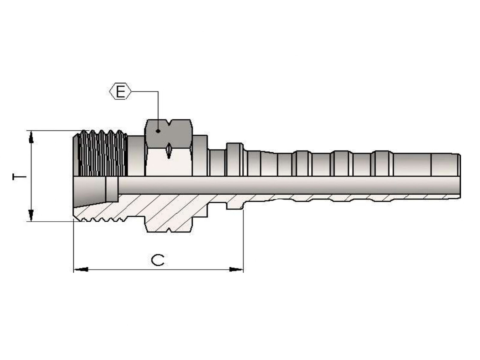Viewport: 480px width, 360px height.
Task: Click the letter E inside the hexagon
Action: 120,91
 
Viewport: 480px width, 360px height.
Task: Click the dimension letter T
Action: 19,177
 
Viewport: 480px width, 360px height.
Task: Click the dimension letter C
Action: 157,260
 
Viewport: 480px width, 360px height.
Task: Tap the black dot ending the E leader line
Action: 158,131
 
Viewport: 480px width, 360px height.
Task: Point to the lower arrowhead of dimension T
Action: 31,215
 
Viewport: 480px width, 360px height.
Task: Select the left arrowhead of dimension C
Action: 81,269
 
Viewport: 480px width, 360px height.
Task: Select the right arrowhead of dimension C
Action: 236,269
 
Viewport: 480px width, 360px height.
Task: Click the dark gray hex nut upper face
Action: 168,134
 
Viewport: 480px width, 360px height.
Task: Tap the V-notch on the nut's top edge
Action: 169,122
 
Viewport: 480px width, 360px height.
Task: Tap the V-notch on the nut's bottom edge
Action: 169,229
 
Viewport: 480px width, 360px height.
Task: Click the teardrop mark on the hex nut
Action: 169,151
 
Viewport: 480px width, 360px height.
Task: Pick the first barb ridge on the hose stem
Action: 302,163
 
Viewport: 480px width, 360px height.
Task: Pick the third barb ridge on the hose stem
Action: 382,163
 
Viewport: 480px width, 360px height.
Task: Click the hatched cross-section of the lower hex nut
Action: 169,221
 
